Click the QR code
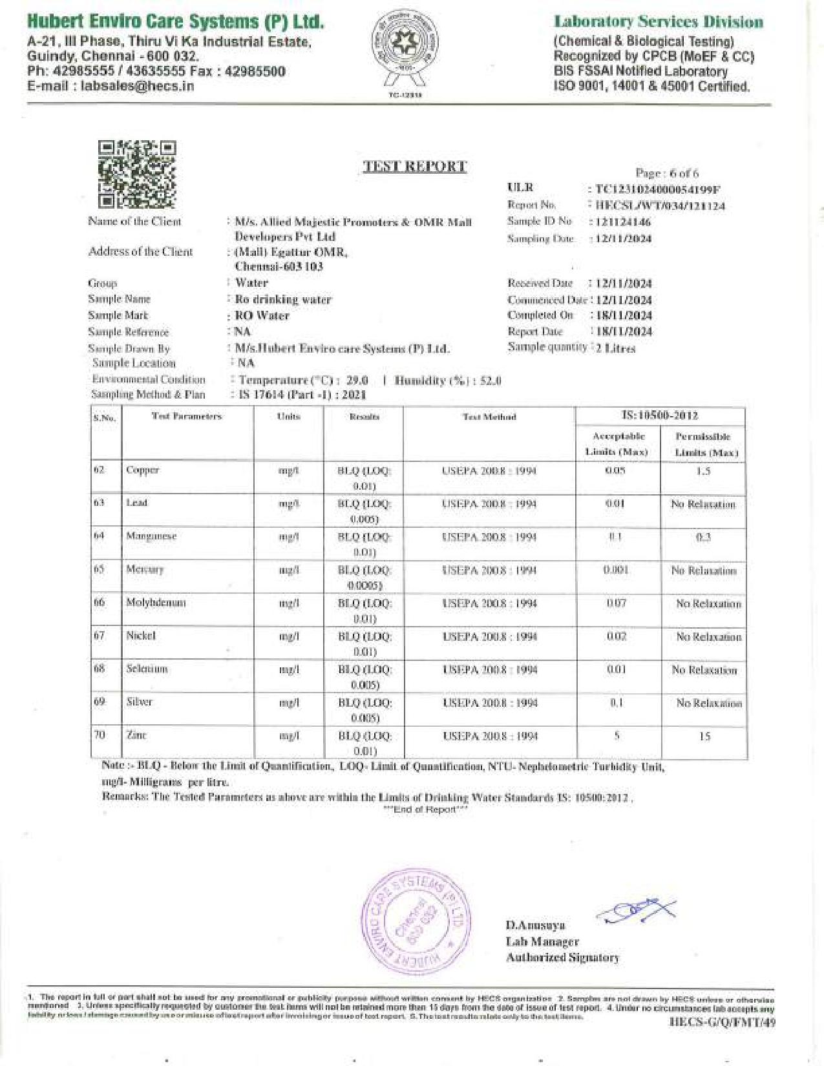(x=137, y=174)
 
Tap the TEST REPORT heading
(x=414, y=167)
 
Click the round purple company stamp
(x=416, y=922)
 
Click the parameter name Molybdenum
(x=156, y=603)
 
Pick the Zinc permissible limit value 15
(x=704, y=736)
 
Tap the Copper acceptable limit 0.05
(x=615, y=471)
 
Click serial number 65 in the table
(x=99, y=569)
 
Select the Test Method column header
(x=489, y=417)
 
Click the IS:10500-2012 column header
(x=659, y=415)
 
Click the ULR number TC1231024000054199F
(x=658, y=189)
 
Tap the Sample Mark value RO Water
(x=262, y=316)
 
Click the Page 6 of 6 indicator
(x=667, y=173)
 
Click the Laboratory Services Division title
(x=658, y=22)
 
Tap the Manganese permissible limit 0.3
(x=703, y=537)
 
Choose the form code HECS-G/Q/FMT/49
(x=723, y=1021)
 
